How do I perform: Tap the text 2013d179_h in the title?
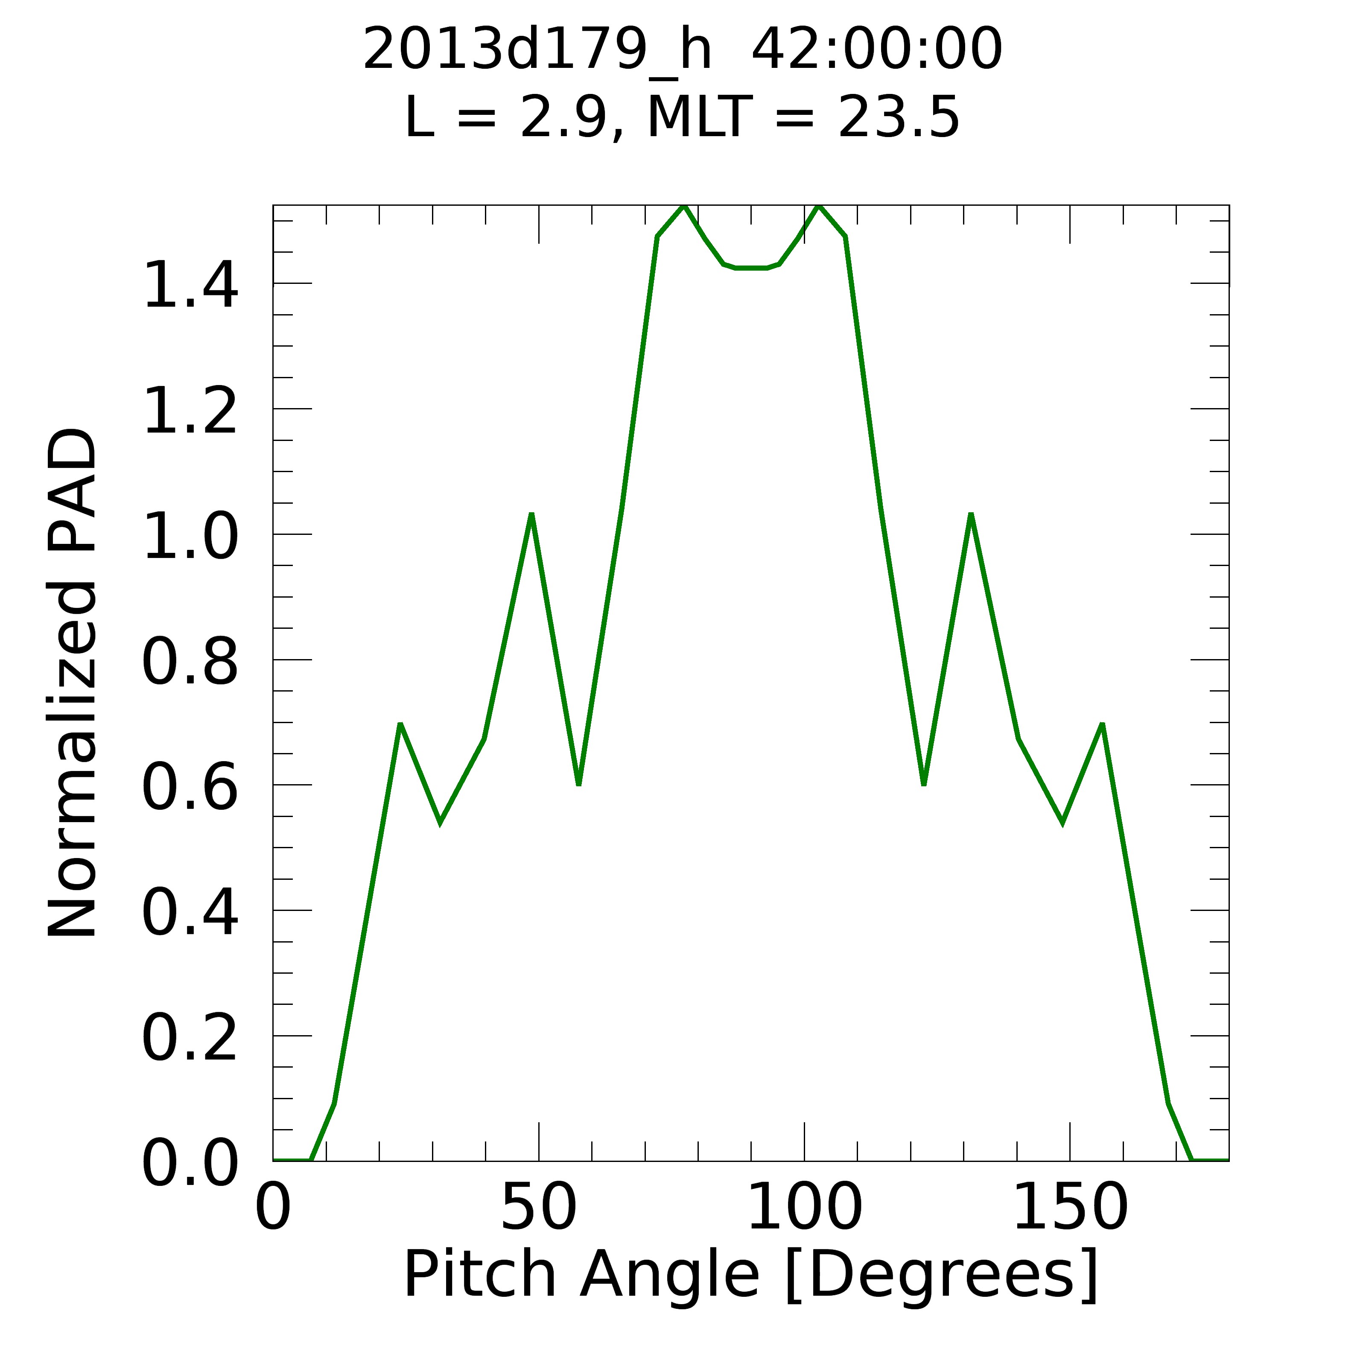(537, 50)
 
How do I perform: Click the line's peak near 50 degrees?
(531, 515)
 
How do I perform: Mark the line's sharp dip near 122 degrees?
(923, 783)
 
